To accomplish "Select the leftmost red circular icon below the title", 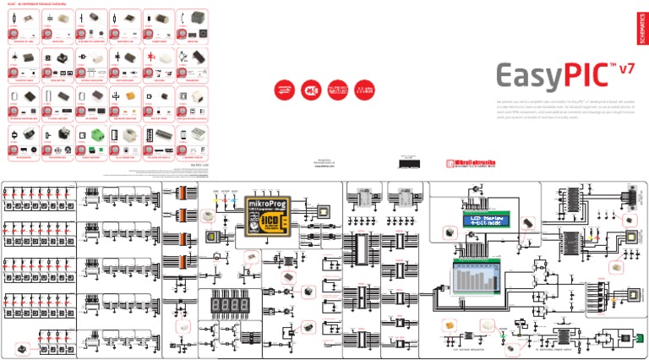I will pos(280,89).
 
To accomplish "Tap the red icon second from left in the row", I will pos(309,89).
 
